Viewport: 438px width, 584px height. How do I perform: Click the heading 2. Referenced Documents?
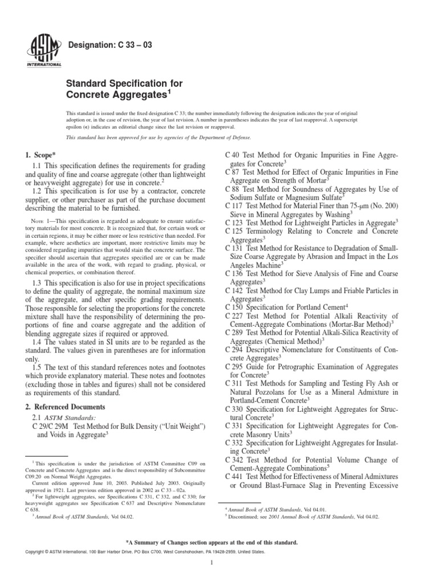(66, 407)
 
